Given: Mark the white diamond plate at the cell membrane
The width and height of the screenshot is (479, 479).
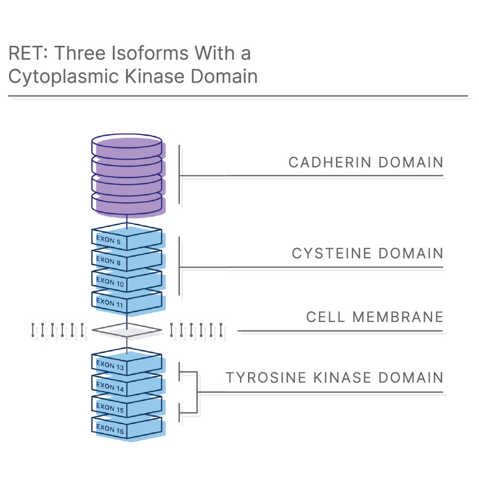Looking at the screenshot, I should pos(127,330).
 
